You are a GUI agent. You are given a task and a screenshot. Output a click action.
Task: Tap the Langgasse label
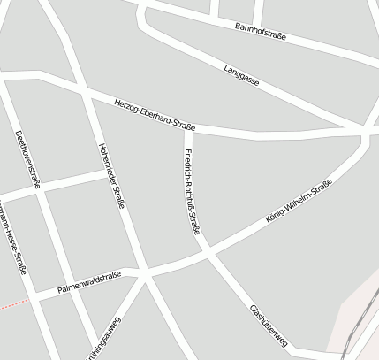coord(241,73)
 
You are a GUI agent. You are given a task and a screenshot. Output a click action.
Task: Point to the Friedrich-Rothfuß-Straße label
coord(192,193)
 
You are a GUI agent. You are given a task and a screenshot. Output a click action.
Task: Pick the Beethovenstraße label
coord(27,160)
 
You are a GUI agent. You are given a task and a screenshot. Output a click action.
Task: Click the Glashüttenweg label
coord(270,325)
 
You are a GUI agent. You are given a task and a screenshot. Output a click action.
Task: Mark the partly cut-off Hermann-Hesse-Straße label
coord(10,239)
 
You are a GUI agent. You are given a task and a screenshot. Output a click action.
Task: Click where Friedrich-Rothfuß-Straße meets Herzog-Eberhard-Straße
coord(187,129)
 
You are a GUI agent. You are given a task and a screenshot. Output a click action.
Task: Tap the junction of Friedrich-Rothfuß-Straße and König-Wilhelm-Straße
coord(209,254)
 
